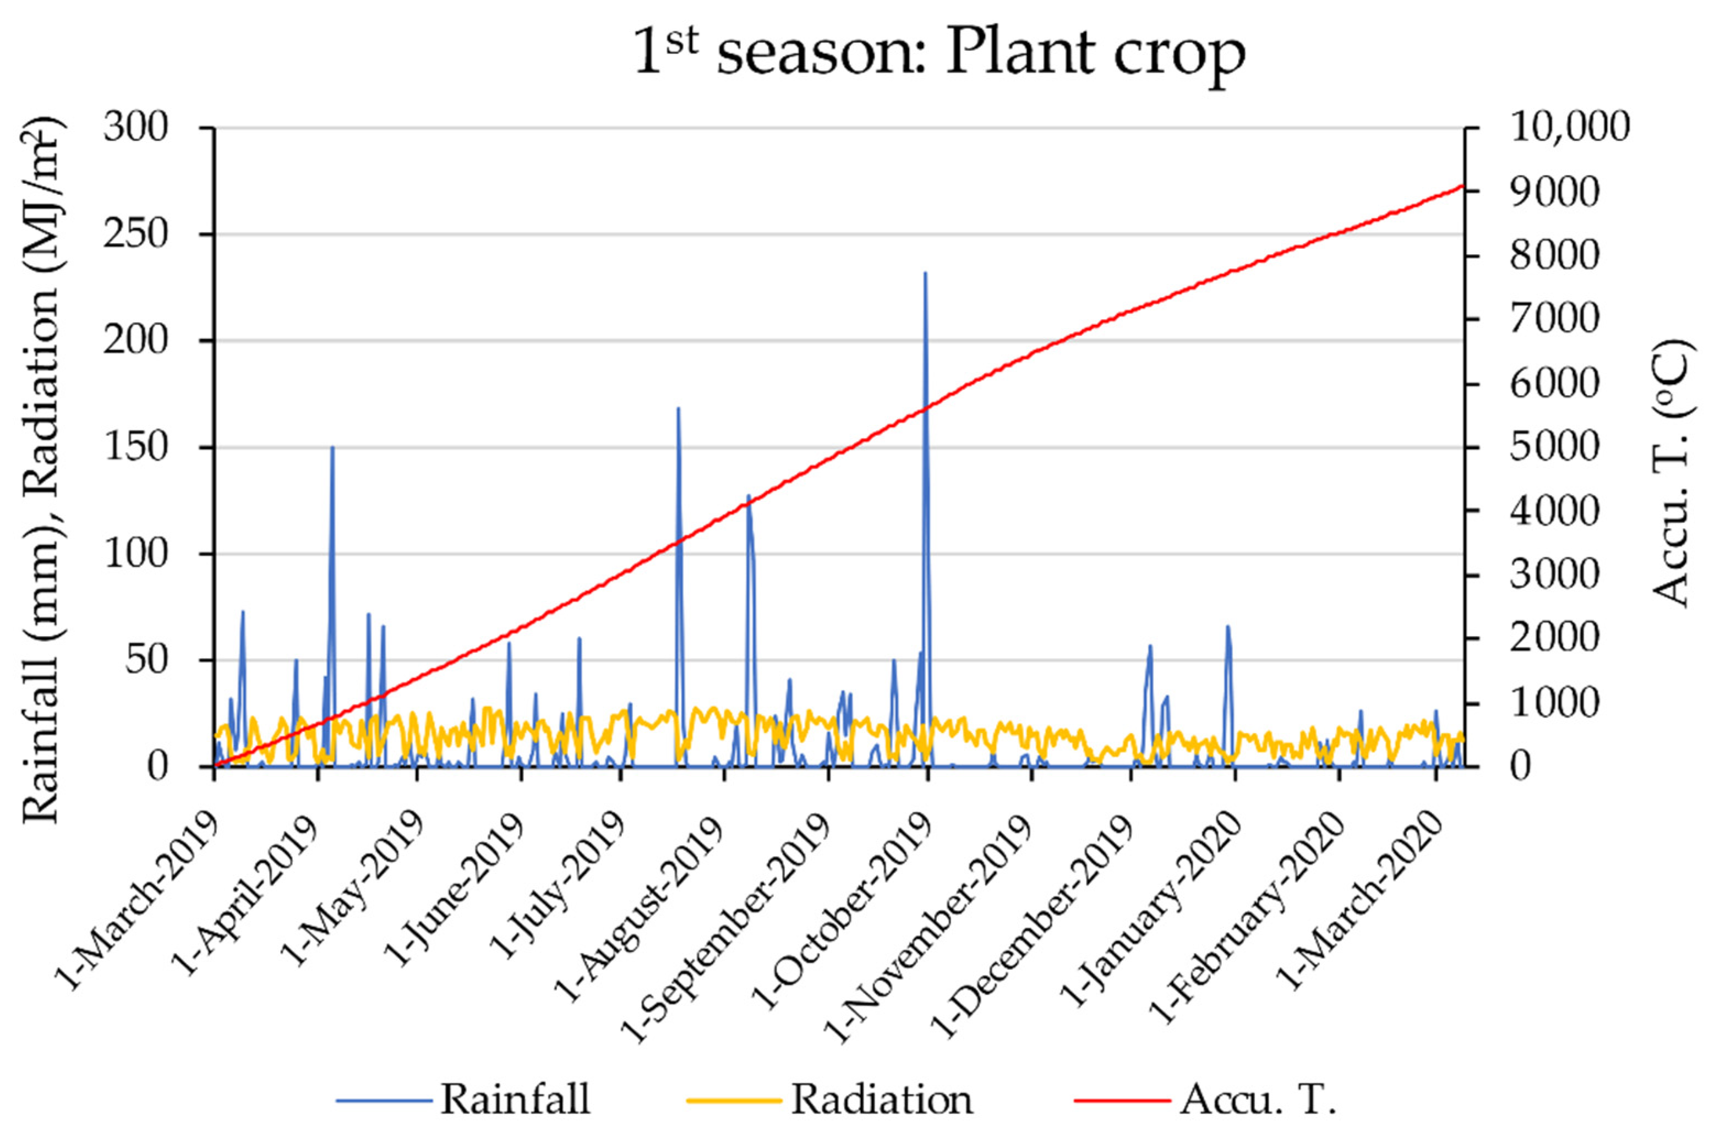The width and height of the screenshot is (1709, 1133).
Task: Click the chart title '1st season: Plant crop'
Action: (x=940, y=54)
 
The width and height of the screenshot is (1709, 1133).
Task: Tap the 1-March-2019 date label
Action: (x=137, y=903)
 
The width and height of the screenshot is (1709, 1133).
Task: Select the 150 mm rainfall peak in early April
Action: (x=332, y=448)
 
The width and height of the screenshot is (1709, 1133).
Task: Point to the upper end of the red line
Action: (x=1461, y=187)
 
